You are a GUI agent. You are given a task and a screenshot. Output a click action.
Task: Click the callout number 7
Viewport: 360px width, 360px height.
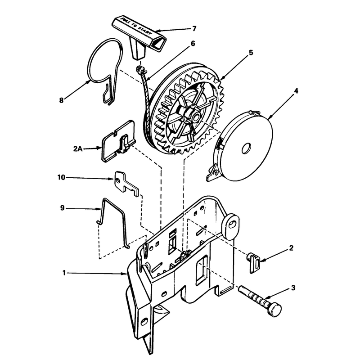click(x=194, y=29)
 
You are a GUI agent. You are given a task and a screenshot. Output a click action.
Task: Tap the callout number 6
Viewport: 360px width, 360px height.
click(x=193, y=43)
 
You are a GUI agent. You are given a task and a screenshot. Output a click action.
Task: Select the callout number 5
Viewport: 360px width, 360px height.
click(x=251, y=53)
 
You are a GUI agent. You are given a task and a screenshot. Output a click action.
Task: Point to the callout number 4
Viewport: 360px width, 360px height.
click(x=296, y=91)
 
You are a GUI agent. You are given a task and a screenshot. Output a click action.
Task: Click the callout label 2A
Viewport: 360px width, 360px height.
click(x=77, y=149)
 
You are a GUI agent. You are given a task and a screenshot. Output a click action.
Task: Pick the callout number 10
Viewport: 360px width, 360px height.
click(x=61, y=177)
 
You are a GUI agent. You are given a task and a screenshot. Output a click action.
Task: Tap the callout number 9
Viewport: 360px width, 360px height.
click(x=62, y=208)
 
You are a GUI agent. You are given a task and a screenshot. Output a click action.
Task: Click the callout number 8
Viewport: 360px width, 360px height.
click(x=61, y=100)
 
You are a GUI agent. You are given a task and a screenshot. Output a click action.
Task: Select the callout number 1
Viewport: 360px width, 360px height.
click(x=64, y=273)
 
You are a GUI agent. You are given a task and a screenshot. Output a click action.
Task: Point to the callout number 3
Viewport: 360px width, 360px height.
click(x=293, y=288)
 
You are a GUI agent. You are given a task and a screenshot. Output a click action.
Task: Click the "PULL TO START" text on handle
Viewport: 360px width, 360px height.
click(x=136, y=26)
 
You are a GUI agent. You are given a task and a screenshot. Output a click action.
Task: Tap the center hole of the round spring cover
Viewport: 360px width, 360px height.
click(x=246, y=148)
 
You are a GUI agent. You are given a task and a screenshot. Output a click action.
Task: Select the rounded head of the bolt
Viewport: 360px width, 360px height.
click(x=274, y=310)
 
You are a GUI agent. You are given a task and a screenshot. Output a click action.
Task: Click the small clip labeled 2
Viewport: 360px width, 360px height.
click(x=254, y=263)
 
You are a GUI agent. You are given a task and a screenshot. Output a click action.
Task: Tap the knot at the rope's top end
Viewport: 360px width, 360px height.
click(x=140, y=69)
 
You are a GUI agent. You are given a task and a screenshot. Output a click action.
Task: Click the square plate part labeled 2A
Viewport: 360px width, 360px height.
click(x=118, y=141)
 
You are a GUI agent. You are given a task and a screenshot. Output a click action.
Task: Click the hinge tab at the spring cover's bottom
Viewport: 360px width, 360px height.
click(x=213, y=173)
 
